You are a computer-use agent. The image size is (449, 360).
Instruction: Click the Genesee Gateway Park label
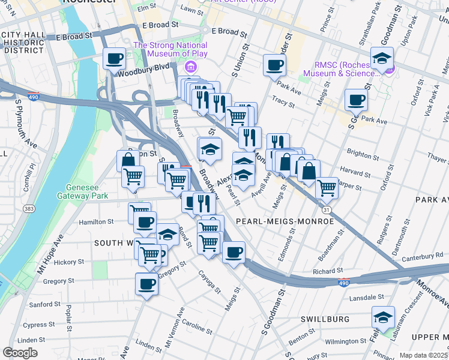pos(82,191)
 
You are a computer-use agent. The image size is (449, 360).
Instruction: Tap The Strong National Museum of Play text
pos(170,50)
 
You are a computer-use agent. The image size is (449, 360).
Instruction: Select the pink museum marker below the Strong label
pos(191,66)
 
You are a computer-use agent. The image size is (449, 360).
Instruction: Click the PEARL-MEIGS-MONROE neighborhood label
pos(285,221)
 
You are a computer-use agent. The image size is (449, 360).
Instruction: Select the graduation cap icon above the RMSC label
pos(382,58)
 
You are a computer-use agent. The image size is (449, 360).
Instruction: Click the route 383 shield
pos(28,208)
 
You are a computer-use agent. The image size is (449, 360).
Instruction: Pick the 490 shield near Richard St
pos(343,282)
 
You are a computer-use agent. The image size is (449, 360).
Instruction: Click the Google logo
pos(20,353)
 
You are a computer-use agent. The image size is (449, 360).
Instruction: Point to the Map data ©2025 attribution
pos(423,355)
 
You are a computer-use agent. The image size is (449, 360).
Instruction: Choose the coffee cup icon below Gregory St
pos(146,284)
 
